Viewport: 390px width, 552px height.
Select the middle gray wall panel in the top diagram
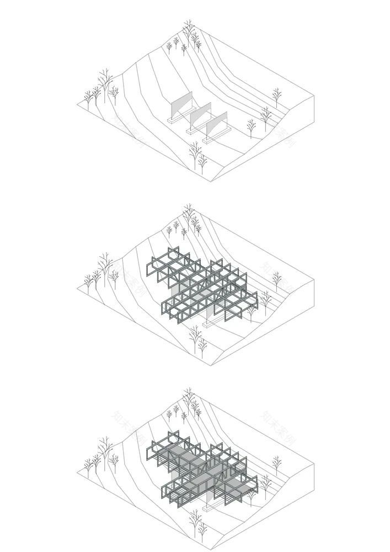(x=199, y=115)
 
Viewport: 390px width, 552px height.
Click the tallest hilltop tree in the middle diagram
(x=189, y=217)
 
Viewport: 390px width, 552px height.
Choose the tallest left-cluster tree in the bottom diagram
(x=104, y=450)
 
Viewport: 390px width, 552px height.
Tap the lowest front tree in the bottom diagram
(x=201, y=527)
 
